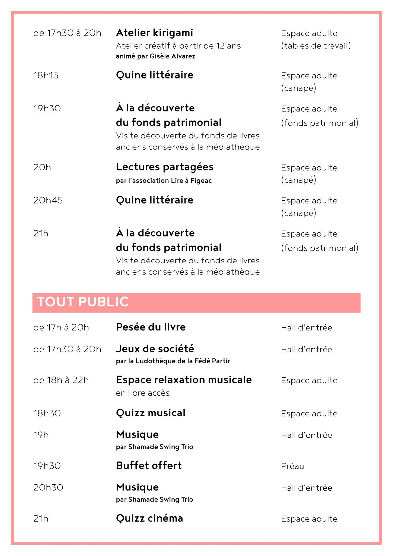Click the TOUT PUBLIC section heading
point(83,302)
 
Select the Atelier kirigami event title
point(154,33)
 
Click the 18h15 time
point(46,75)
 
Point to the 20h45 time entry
point(48,200)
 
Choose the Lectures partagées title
point(165,167)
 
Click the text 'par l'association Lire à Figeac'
point(164,181)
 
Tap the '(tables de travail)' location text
point(316,46)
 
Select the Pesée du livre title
point(151,327)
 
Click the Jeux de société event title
point(155,349)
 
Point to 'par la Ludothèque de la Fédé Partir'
point(173,361)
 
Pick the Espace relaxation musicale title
point(184,380)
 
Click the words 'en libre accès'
point(143,393)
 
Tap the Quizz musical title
point(151,413)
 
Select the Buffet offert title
point(149,466)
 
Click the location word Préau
point(292,466)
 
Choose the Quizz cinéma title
point(149,518)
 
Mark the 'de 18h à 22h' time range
point(61,380)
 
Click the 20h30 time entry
point(48,488)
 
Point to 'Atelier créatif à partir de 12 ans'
point(178,46)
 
